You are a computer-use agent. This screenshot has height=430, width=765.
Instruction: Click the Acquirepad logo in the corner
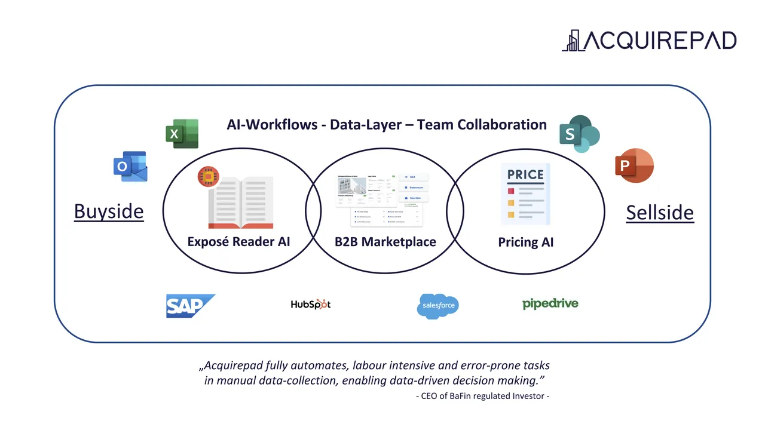[x=649, y=40]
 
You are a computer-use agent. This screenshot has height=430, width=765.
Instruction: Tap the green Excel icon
[x=182, y=134]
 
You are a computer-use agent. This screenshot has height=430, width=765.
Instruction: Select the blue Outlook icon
[x=130, y=166]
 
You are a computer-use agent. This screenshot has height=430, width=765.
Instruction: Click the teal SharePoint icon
[x=579, y=134]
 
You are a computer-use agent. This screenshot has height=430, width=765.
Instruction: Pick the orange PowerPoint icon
[x=634, y=165]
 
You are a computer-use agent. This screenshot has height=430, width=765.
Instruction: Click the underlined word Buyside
[x=109, y=211]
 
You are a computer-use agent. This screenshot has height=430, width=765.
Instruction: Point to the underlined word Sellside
[x=660, y=213]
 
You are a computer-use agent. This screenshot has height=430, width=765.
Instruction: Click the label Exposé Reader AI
[x=238, y=241]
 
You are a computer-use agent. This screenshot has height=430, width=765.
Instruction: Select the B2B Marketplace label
[x=385, y=242]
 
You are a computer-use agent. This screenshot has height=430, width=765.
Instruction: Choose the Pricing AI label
[x=526, y=242]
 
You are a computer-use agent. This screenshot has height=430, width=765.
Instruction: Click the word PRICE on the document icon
[x=525, y=175]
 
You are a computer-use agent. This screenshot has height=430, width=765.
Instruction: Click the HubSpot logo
[x=310, y=304]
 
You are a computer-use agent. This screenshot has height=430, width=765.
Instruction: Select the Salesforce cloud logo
[x=437, y=305]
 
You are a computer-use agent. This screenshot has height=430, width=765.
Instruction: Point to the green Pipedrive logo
[x=550, y=303]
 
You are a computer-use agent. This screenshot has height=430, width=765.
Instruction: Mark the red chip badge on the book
[x=209, y=176]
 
